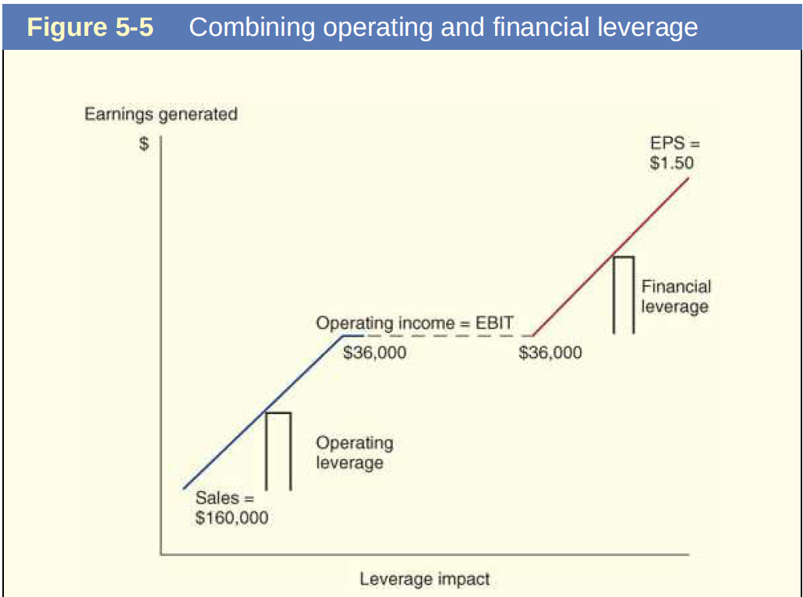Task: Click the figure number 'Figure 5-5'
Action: pyautogui.click(x=90, y=27)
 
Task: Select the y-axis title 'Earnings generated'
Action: pyautogui.click(x=161, y=115)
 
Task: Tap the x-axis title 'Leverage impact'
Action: pyautogui.click(x=425, y=579)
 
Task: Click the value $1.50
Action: pyautogui.click(x=671, y=163)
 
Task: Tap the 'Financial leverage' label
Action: pyautogui.click(x=675, y=297)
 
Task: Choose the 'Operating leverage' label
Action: pyautogui.click(x=354, y=453)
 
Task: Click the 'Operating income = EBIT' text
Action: pyautogui.click(x=414, y=323)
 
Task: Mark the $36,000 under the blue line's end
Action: pyautogui.click(x=375, y=353)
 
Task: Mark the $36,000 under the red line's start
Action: pyautogui.click(x=550, y=353)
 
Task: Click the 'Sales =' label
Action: pyautogui.click(x=225, y=499)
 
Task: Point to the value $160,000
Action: pyautogui.click(x=232, y=518)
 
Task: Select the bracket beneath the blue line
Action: pyautogui.click(x=278, y=450)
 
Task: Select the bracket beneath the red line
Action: pyautogui.click(x=623, y=295)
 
